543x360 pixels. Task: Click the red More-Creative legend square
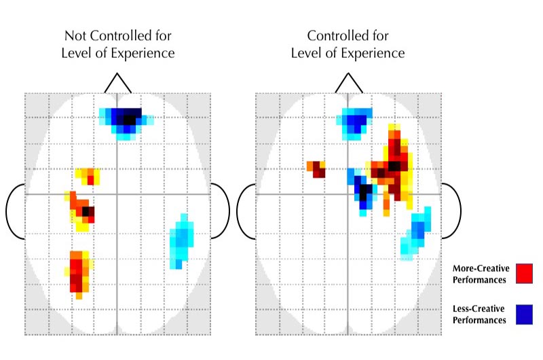click(524, 273)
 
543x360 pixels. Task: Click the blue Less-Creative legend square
click(524, 314)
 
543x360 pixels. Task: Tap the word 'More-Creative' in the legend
click(479, 268)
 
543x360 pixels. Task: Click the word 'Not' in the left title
click(76, 36)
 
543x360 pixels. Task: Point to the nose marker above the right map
click(348, 83)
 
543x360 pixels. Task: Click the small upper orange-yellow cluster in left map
click(88, 176)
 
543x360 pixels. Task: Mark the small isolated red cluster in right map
click(317, 169)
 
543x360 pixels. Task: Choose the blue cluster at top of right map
click(354, 122)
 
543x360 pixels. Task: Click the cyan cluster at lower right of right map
click(415, 233)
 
